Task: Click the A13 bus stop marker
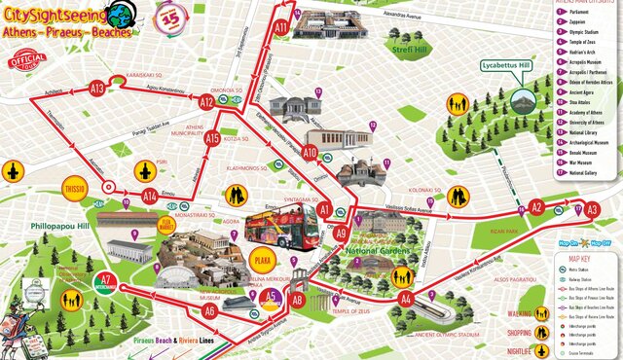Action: click(97, 89)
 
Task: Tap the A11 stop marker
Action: click(281, 28)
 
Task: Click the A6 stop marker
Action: click(209, 311)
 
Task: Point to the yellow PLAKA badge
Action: click(261, 261)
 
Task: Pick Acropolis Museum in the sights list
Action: click(585, 61)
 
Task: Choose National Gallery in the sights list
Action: click(584, 173)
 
